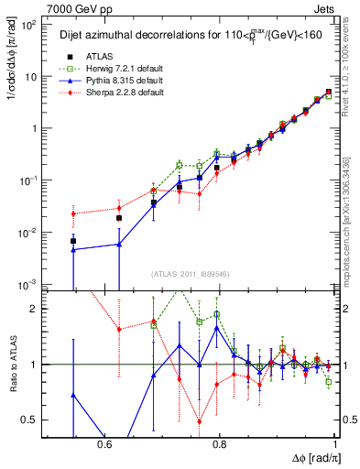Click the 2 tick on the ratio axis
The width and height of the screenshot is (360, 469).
37,309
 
